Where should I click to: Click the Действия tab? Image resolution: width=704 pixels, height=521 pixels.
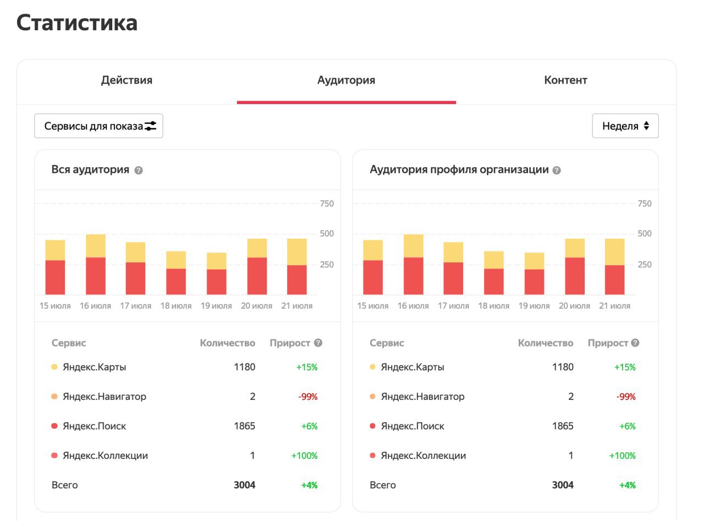pos(127,80)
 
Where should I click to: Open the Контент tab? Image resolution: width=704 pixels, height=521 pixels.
pos(565,80)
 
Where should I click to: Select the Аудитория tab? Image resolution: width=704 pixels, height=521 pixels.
pos(346,80)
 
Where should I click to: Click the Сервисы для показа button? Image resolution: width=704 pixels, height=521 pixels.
pos(98,126)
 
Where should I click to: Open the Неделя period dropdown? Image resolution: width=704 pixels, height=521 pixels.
pos(625,126)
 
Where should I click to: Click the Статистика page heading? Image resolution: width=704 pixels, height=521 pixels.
pos(77,23)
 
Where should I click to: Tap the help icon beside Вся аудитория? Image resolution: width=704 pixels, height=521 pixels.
pos(139,171)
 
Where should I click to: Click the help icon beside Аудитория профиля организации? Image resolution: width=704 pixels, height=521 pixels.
pos(557,171)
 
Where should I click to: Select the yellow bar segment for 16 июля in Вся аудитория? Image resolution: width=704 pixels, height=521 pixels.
pos(96,246)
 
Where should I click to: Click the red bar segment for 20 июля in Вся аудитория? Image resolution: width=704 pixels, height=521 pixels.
pos(257,276)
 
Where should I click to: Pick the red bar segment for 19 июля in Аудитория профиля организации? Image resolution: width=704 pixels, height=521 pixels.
pos(535,282)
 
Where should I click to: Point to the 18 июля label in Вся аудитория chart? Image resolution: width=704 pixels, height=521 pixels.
pos(176,306)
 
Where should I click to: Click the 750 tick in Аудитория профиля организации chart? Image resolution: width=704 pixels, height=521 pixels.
pos(644,204)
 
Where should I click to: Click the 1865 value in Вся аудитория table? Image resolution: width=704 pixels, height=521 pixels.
pos(244,426)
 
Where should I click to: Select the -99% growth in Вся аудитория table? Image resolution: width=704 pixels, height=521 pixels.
pos(308,397)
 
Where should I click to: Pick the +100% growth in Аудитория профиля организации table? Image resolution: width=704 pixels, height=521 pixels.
pos(622,456)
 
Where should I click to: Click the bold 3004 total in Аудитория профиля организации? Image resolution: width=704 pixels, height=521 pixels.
pos(563,485)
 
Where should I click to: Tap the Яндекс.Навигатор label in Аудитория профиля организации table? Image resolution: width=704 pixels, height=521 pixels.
pos(422,397)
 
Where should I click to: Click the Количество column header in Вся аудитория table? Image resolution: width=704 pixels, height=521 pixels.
pos(228,343)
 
